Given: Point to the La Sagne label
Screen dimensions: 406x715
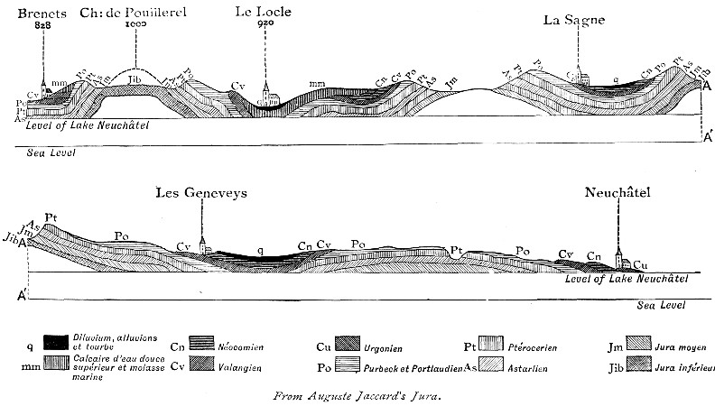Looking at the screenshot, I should tap(572, 19).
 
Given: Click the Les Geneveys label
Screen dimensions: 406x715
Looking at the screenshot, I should tap(202, 191).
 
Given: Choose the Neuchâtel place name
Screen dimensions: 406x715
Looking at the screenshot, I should tap(617, 191).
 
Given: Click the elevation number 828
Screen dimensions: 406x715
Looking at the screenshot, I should tap(42, 27).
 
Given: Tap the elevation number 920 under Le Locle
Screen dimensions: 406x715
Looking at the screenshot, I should tap(265, 27).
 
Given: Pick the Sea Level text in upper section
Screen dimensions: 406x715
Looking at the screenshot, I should tap(51, 153).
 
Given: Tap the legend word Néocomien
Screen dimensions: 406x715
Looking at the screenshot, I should tap(237, 345).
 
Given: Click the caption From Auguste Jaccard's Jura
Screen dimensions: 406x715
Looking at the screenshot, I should tap(357, 394).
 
